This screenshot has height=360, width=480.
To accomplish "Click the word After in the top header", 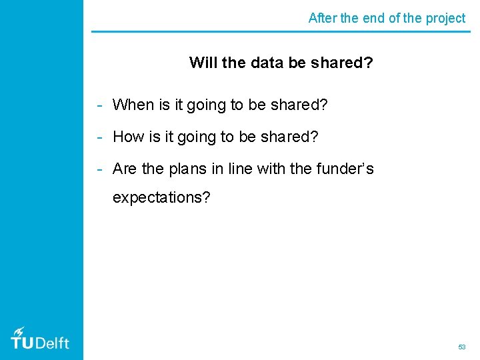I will (x=323, y=18).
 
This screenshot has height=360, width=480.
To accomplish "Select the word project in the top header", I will (x=445, y=19).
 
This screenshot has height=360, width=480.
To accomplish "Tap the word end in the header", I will (x=372, y=18).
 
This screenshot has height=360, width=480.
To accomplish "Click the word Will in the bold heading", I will (x=203, y=63).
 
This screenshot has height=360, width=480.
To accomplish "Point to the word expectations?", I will (x=161, y=198).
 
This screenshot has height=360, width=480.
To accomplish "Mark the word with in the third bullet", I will (x=270, y=169).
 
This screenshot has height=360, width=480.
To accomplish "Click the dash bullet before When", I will (x=99, y=105).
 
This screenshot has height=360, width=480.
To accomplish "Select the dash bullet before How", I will (x=99, y=137).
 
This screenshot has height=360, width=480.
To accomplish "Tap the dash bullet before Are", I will (x=99, y=169).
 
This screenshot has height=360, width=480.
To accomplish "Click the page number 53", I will (x=461, y=347).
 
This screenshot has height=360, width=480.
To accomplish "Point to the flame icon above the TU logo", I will (x=19, y=331).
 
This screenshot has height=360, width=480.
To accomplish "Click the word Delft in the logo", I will (x=52, y=343).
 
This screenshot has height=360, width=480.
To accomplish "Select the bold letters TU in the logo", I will (x=22, y=343).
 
